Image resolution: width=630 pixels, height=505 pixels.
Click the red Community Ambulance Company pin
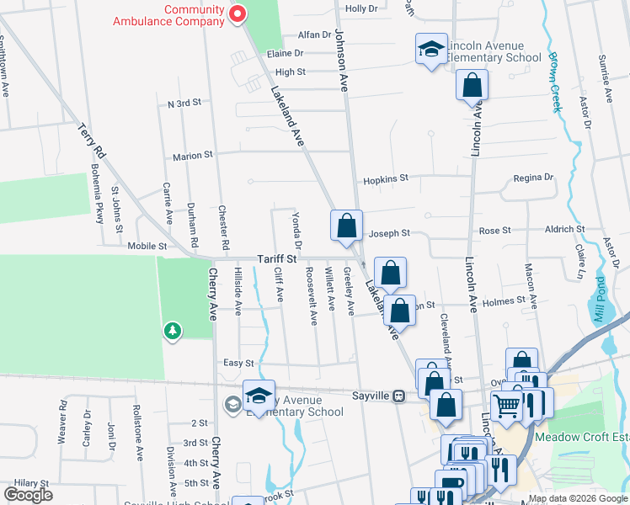coord(238,13)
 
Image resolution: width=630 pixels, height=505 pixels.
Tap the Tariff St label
coord(277,259)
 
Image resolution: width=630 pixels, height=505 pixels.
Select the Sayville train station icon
coord(399,395)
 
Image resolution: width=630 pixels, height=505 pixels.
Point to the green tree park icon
coord(173,330)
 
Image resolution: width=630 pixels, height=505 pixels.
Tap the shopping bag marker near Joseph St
coord(346,226)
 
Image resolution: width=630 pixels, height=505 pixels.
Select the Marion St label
coord(193,156)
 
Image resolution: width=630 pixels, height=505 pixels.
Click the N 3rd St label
coord(184,103)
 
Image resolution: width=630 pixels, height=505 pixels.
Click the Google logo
coord(29,495)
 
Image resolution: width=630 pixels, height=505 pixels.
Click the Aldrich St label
coord(565,229)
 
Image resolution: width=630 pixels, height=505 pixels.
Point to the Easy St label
coord(238,363)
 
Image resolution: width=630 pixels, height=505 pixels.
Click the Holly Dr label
coord(362,8)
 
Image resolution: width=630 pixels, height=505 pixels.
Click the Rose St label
coord(494,230)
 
